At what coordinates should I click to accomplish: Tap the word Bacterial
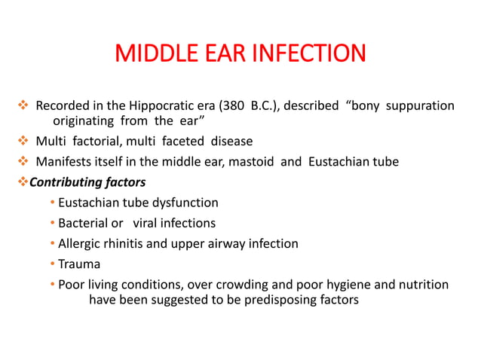tap(84, 223)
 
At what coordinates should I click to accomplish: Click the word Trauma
tap(79, 264)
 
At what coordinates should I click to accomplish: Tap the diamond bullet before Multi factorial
tap(22, 141)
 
